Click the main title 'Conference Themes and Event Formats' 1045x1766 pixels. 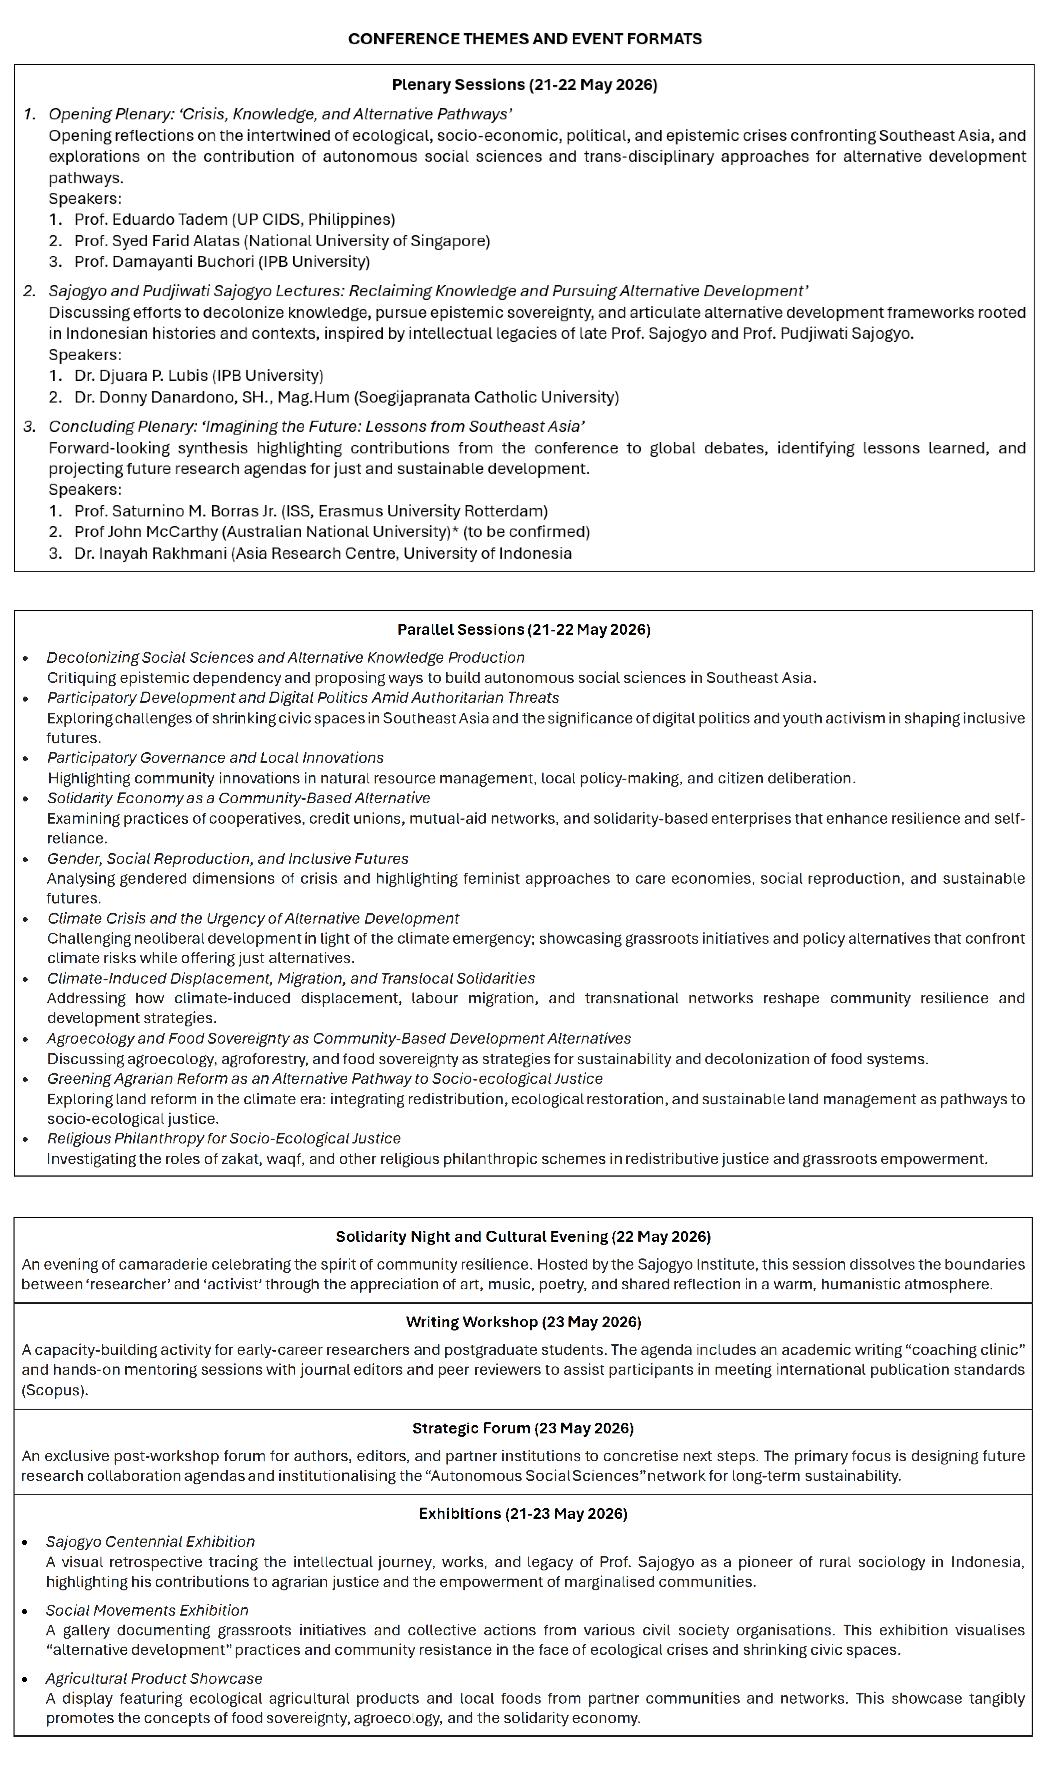[x=524, y=39]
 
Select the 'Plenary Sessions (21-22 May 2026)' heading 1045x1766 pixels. [x=524, y=85]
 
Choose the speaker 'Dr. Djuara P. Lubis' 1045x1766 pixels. [x=141, y=375]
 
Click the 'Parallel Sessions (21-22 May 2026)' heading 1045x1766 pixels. [x=524, y=630]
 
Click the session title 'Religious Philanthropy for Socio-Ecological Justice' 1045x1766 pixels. [x=224, y=1138]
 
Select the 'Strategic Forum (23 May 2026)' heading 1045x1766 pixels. [x=523, y=1428]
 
